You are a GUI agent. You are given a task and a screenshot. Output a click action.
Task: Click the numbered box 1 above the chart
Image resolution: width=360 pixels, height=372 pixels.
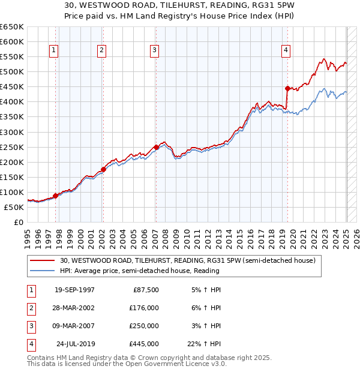click(54, 51)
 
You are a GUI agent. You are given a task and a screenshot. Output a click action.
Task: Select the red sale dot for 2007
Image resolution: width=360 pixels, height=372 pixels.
click(156, 147)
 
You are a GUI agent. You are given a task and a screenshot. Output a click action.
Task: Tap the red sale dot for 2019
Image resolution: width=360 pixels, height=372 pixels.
click(287, 88)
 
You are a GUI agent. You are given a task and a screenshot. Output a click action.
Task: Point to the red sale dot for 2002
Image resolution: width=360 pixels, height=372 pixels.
click(103, 169)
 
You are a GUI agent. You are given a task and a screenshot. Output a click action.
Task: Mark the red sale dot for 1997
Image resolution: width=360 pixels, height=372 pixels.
click(55, 196)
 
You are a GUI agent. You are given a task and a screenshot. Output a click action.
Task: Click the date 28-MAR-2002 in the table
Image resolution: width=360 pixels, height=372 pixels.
click(74, 308)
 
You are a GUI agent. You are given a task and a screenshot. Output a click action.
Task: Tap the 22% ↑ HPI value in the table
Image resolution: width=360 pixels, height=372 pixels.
click(203, 344)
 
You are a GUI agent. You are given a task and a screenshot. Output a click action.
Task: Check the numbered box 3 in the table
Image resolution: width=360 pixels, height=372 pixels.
click(30, 326)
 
